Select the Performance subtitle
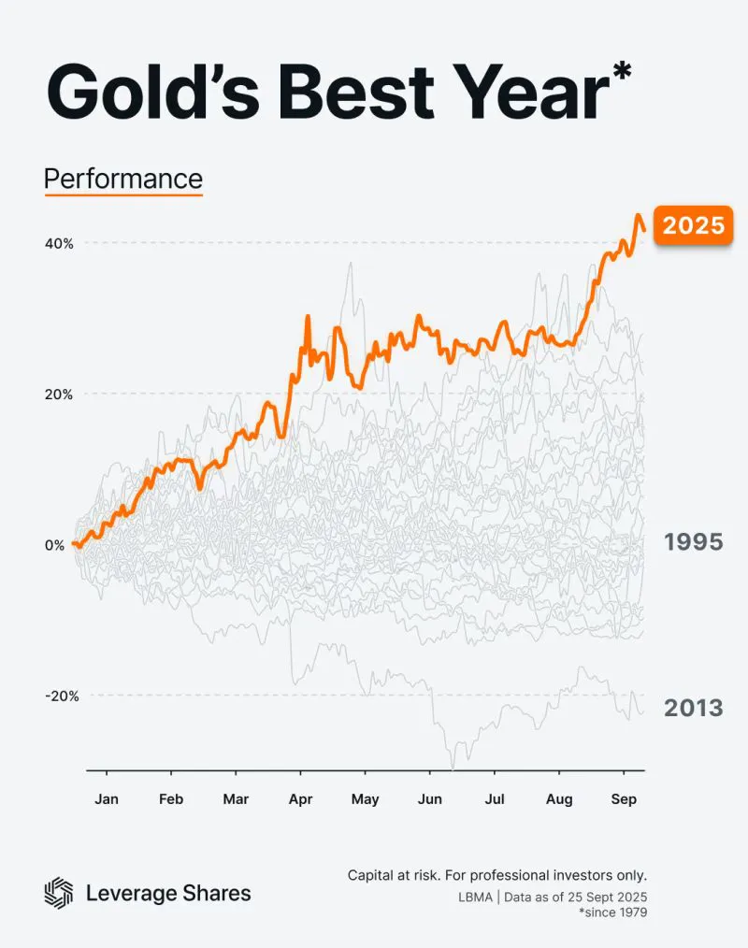tap(123, 178)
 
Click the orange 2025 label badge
tap(692, 225)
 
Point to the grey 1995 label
tap(693, 541)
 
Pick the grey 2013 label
tap(693, 708)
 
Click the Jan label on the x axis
tap(107, 799)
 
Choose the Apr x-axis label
tap(300, 799)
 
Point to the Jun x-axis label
tap(429, 799)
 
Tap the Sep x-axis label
tap(624, 799)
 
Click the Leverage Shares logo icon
tap(59, 893)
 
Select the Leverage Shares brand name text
tap(168, 893)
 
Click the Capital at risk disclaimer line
tap(496, 876)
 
